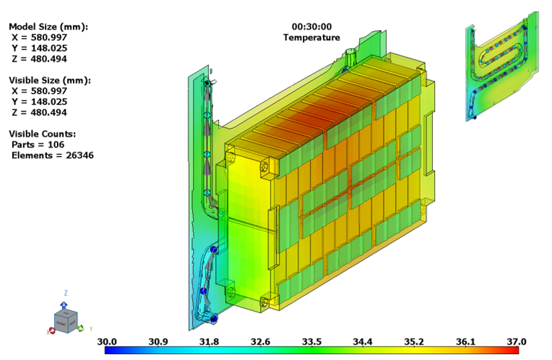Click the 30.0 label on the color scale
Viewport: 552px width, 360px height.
tap(107, 342)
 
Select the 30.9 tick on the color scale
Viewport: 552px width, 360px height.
tap(158, 342)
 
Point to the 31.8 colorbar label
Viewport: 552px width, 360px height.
tap(210, 342)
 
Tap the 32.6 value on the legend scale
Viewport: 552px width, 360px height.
tap(261, 342)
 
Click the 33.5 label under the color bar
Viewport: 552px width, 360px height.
tap(312, 342)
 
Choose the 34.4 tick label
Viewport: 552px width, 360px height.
tap(363, 342)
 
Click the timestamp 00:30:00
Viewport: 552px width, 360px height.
tap(311, 26)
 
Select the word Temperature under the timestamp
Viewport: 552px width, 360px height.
tap(311, 38)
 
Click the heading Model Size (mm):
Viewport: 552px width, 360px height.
tap(48, 26)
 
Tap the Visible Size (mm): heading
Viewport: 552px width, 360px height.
tap(50, 80)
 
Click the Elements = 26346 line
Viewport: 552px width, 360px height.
tap(52, 155)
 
